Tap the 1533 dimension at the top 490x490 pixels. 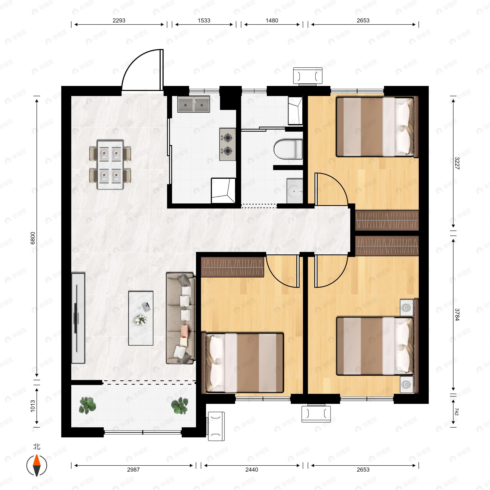coord(204,21)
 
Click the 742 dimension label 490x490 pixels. coord(457,412)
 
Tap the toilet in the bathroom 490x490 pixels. coord(288,149)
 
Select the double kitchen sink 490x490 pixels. coord(194,104)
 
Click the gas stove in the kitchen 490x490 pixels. coord(227,144)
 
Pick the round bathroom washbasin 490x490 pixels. coord(295,191)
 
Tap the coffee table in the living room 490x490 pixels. coord(141,318)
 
